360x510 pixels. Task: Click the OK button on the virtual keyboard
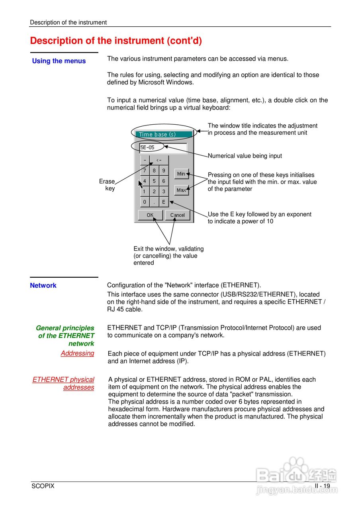click(150, 215)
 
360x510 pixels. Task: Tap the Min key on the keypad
click(181, 174)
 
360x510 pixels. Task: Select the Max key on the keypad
click(181, 190)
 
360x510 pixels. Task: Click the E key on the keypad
click(164, 202)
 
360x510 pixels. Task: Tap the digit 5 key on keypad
click(154, 181)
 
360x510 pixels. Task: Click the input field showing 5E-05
click(163, 147)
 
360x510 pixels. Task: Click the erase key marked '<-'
click(159, 160)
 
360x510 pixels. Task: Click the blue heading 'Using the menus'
click(59, 61)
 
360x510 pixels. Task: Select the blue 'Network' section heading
click(43, 285)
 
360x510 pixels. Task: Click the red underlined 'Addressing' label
click(77, 353)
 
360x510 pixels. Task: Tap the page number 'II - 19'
click(322, 486)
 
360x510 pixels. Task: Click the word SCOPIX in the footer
click(43, 486)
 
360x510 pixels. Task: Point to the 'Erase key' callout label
click(107, 185)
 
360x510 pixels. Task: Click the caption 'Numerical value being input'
click(245, 156)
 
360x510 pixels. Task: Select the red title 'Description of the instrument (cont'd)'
click(116, 41)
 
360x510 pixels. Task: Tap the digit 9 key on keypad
click(164, 171)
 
